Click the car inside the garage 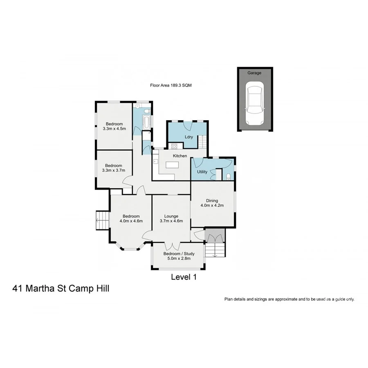click(x=254, y=103)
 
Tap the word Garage click(x=254, y=73)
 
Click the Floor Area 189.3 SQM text click(x=171, y=86)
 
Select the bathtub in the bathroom click(x=146, y=121)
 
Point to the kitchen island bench click(x=172, y=166)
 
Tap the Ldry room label click(x=188, y=137)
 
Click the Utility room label click(x=202, y=172)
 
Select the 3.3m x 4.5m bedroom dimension click(x=114, y=128)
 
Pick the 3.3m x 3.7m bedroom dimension click(x=113, y=170)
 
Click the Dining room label click(x=212, y=200)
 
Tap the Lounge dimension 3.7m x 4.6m click(x=171, y=221)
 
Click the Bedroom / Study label click(x=179, y=254)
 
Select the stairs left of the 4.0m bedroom click(x=102, y=220)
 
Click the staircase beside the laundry click(x=202, y=141)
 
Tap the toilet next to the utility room click(x=228, y=176)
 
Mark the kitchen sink click(x=155, y=161)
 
